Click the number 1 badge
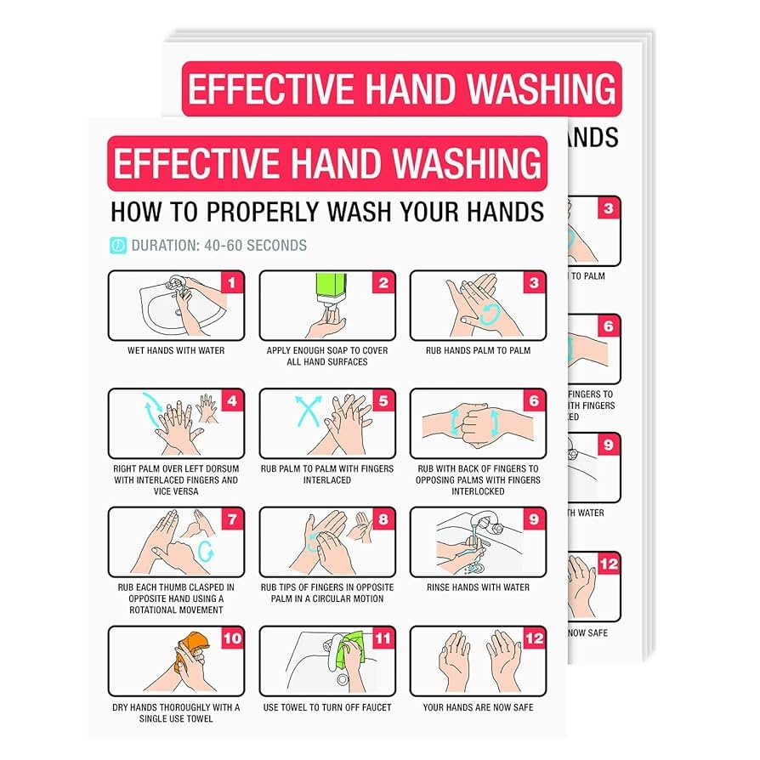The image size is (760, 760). [x=232, y=282]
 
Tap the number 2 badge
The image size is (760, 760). [x=383, y=282]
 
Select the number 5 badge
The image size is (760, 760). [x=383, y=401]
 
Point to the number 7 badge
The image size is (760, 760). [x=232, y=519]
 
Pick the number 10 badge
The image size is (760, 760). [x=232, y=638]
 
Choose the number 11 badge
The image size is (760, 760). [x=383, y=638]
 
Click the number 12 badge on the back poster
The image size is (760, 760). [x=609, y=564]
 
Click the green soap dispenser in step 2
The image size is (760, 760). [x=332, y=288]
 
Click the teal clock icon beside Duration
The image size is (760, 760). [x=118, y=245]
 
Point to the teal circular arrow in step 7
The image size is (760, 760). [x=206, y=551]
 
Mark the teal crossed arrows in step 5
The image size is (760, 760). [x=309, y=411]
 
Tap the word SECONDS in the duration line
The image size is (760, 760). [x=276, y=246]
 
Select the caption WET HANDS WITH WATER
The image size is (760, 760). [x=176, y=350]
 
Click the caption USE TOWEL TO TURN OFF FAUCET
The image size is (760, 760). [x=327, y=707]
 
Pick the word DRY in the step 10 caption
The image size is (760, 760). [x=120, y=707]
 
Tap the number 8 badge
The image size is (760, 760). [x=383, y=519]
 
